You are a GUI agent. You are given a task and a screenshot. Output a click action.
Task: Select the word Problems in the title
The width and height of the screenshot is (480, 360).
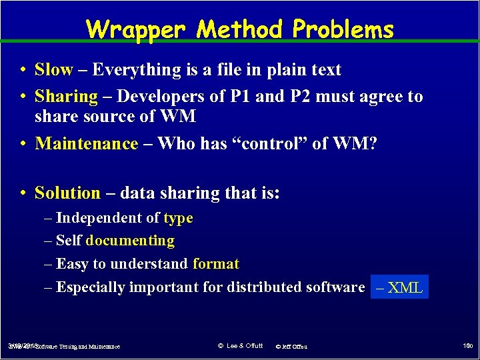click(x=343, y=29)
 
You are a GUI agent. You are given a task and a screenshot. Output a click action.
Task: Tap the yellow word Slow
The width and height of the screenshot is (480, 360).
click(x=53, y=70)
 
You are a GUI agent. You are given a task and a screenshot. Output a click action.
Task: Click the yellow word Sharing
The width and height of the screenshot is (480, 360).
click(x=66, y=97)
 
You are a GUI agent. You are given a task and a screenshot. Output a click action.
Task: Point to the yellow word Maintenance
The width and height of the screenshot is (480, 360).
click(x=86, y=143)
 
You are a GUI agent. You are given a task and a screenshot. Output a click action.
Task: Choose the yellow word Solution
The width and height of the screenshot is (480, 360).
click(x=67, y=193)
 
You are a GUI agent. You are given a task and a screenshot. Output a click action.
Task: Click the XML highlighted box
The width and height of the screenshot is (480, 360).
click(x=399, y=287)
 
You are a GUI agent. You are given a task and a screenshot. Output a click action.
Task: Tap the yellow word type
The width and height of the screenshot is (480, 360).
click(x=178, y=218)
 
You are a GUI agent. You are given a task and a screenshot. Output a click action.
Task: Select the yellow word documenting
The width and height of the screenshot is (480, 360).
click(x=130, y=241)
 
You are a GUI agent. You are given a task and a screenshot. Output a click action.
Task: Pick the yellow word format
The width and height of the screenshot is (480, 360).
click(x=215, y=264)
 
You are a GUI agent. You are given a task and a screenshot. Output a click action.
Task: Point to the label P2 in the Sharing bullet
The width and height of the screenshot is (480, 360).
click(x=299, y=97)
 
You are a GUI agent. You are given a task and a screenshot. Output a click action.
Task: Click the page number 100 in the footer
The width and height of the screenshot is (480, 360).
click(x=466, y=346)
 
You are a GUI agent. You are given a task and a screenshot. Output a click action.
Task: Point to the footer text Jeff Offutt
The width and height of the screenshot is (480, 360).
click(x=294, y=347)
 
